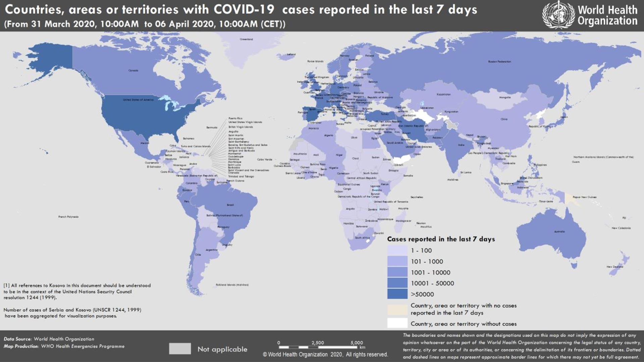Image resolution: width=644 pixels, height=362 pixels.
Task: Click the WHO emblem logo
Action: pos(558,15)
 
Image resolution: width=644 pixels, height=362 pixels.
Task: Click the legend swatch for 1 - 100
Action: pos(397,250)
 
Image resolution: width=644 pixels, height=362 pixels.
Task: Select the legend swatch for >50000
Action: pos(397,294)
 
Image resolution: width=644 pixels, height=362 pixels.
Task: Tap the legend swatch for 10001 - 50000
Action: pos(397,283)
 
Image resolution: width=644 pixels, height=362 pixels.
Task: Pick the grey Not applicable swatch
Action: pos(180,349)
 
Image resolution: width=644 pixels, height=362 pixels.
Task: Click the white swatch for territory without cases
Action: pos(397,323)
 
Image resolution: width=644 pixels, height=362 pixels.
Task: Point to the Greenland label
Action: pos(246,39)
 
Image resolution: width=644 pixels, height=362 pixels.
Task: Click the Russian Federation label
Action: pos(499,62)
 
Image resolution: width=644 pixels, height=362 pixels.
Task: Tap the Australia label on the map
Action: pos(559,232)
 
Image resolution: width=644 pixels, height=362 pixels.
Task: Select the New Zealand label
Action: pos(614,267)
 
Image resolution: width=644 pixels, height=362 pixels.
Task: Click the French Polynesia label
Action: pos(68,217)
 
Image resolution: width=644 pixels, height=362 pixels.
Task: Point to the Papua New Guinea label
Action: pos(584,197)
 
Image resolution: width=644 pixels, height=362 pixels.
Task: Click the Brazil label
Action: pos(230,205)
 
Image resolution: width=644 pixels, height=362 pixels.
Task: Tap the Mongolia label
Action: pos(504,98)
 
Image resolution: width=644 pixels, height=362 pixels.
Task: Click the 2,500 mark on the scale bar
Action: pos(317,343)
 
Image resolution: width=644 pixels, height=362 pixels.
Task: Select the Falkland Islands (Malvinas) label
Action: pos(232,285)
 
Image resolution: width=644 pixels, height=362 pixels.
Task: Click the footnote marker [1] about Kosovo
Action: pos(6,286)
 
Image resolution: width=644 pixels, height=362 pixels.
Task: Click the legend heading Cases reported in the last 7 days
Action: pos(441,239)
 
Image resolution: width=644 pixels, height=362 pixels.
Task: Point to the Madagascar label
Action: pos(403,221)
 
